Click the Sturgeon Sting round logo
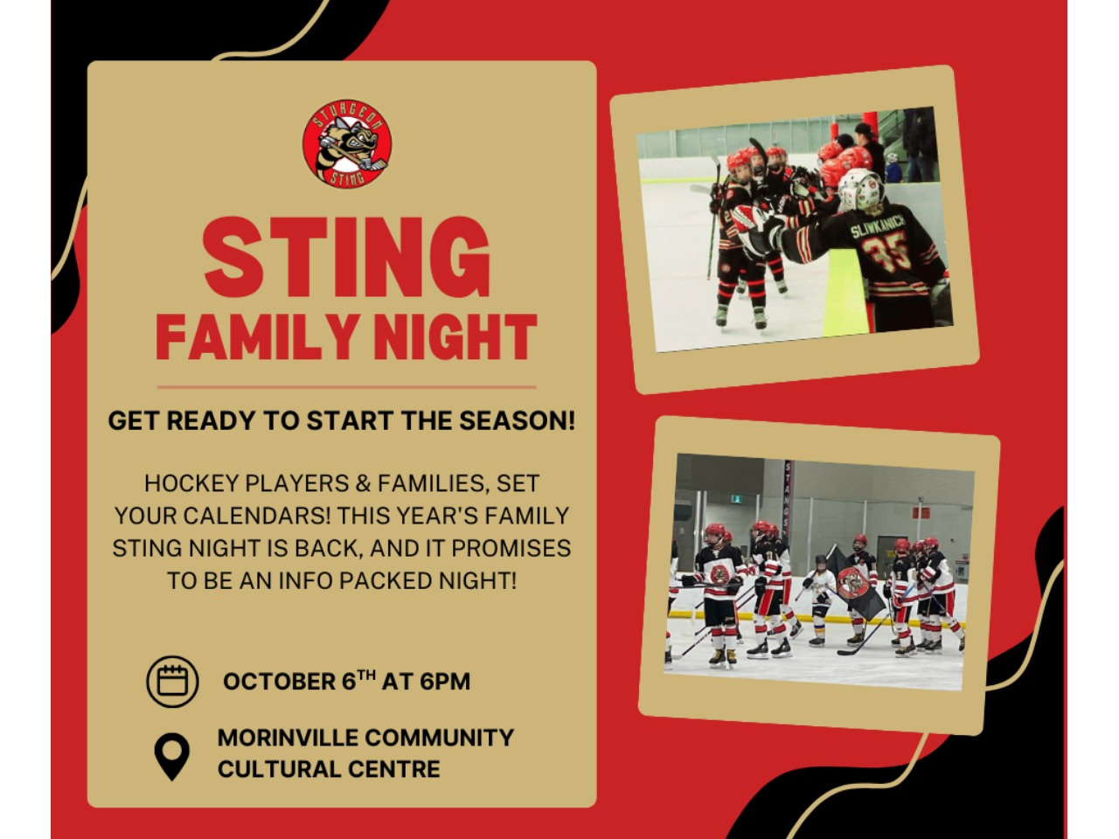point(347,143)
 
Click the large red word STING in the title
point(347,257)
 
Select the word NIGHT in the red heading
point(455,337)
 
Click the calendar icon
point(172,681)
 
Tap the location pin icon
point(172,757)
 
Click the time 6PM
point(445,682)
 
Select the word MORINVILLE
point(286,738)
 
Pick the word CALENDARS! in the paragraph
point(256,516)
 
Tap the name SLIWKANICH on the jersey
point(878,225)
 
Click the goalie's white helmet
point(861,189)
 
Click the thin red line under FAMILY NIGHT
point(347,387)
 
